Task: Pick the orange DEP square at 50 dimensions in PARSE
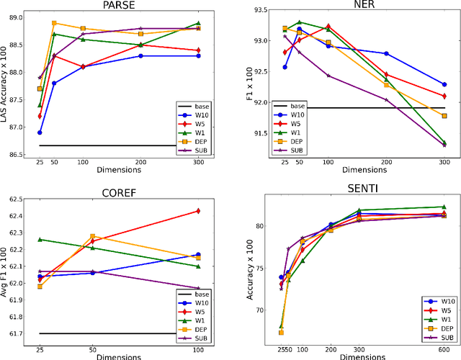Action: point(55,23)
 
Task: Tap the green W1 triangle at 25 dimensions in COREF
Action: point(40,239)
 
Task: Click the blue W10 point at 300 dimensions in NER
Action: point(443,84)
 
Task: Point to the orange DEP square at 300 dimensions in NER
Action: point(443,115)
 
